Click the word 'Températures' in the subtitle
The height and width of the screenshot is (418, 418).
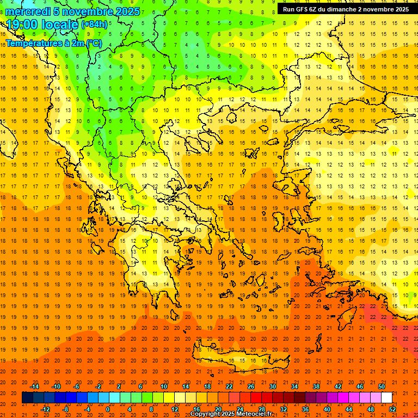click(x=32, y=43)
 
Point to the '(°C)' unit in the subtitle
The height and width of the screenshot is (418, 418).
click(x=93, y=43)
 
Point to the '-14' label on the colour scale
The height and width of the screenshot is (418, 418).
click(x=34, y=386)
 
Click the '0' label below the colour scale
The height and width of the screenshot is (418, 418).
click(x=108, y=409)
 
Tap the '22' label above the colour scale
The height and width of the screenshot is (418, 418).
click(x=229, y=386)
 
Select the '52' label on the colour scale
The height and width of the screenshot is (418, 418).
click(x=392, y=409)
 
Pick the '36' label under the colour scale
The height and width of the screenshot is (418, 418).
click(x=305, y=409)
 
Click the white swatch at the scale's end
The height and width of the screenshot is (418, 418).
click(x=387, y=398)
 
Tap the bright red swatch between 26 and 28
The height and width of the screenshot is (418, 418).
click(x=256, y=398)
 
